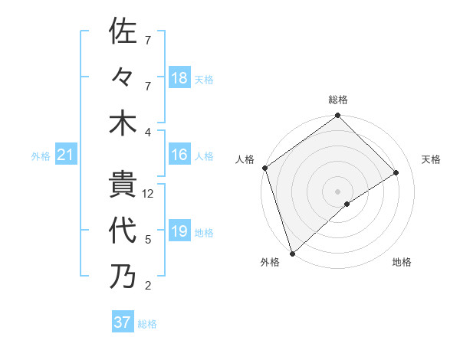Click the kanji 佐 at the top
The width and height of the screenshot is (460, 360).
pos(123,31)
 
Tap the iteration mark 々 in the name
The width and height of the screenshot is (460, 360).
pos(123,77)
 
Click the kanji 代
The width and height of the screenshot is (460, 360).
pos(123,231)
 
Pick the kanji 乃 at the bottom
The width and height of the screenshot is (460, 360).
pos(123,277)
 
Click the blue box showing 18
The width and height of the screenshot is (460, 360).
pos(179,78)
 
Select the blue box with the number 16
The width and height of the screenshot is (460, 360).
pos(179,155)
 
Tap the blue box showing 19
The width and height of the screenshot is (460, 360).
pos(179,232)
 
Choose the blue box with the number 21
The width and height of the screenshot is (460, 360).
pos(66,156)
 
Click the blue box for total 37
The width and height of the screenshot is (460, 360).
pos(123,322)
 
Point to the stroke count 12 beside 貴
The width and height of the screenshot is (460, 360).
pos(148,194)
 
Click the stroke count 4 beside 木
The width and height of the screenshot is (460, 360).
pos(148,132)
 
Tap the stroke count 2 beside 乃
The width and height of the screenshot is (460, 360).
pos(148,286)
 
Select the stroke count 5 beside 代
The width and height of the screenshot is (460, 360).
pos(148,240)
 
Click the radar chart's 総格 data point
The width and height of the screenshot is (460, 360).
pos(337,116)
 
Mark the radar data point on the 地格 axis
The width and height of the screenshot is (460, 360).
pos(347,204)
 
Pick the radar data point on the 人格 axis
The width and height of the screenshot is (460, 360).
pos(264,168)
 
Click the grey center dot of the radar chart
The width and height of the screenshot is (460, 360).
pos(337,191)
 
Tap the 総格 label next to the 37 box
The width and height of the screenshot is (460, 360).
pos(147,324)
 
